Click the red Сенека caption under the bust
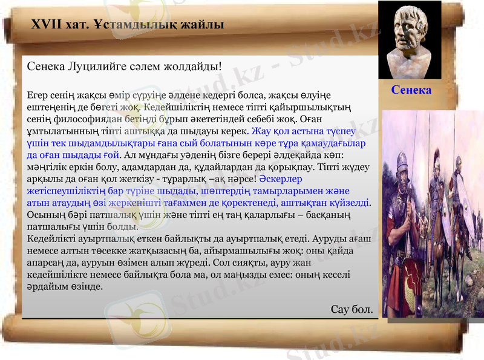pyautogui.click(x=411, y=90)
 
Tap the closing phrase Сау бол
pyautogui.click(x=352, y=309)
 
